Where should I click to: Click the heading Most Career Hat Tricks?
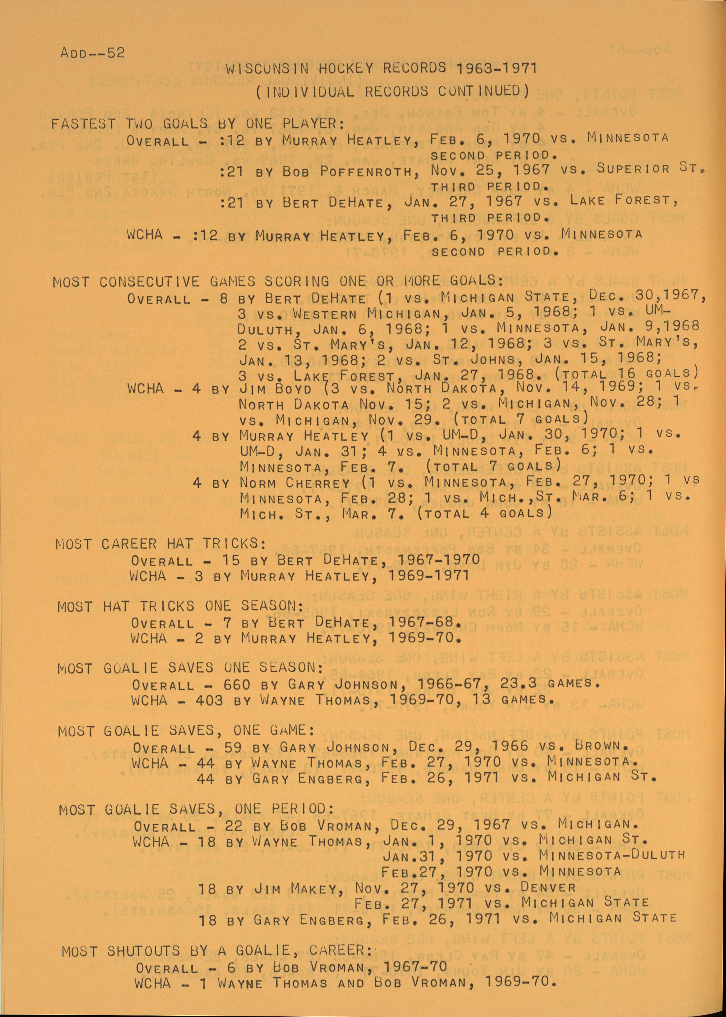pyautogui.click(x=161, y=544)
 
